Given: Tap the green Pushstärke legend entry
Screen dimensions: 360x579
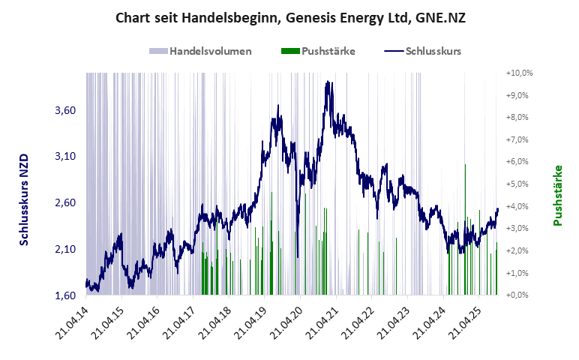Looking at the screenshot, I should [318, 51].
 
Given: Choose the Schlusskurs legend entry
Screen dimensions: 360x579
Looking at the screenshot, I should [422, 51].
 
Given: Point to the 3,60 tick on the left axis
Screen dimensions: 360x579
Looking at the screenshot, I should [66, 110].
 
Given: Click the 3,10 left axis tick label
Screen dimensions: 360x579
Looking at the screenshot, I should [66, 156].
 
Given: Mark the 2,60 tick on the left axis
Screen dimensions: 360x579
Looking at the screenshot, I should [66, 202].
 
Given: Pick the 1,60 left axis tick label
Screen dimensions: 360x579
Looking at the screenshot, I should [66, 295].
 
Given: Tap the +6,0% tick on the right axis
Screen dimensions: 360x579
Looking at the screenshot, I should [518, 162].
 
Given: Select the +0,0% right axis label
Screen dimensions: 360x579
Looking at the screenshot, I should [518, 295].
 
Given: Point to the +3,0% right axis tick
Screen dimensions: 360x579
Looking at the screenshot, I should [518, 229].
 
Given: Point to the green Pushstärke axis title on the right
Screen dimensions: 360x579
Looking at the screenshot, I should [557, 196].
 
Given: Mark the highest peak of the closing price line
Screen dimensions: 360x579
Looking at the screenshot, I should [328, 82].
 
